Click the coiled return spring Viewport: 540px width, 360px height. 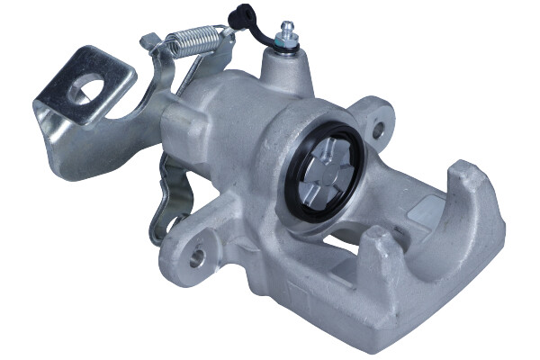point(193,42)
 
